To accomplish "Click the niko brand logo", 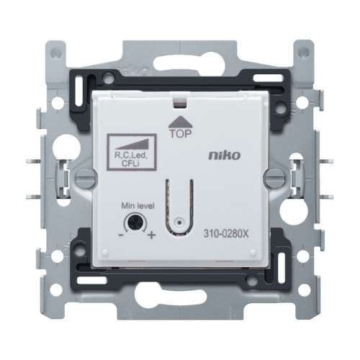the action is [224, 155].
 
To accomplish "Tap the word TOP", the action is [181, 134].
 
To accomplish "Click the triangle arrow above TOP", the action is [181, 122].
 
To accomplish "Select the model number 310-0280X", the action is [226, 233].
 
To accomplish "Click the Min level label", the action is [138, 206].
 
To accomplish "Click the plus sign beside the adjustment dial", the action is [151, 235].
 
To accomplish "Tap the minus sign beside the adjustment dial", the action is [121, 235].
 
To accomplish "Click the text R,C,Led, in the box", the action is [131, 155].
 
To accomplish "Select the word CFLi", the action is [132, 163].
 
